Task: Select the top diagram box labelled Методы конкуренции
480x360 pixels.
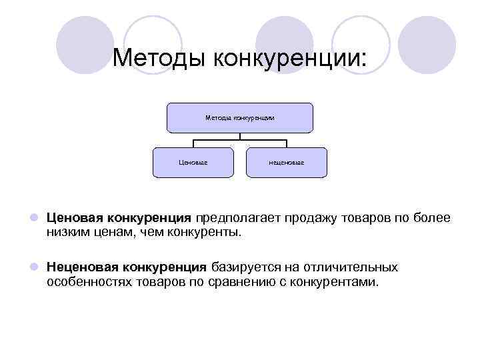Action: pyautogui.click(x=240, y=118)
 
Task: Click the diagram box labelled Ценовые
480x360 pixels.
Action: pyautogui.click(x=193, y=162)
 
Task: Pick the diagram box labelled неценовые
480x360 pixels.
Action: pyautogui.click(x=287, y=162)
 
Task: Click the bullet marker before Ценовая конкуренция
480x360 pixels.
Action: pyautogui.click(x=33, y=218)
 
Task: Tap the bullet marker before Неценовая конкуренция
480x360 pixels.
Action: pyautogui.click(x=33, y=267)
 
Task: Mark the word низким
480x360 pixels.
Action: pyautogui.click(x=69, y=233)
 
